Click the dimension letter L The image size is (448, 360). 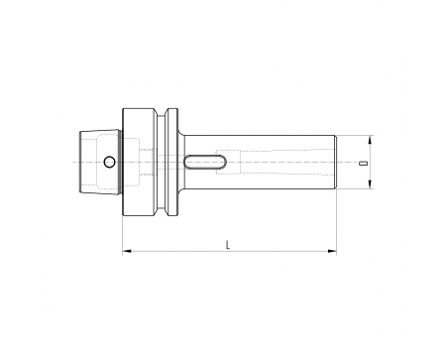pyautogui.click(x=228, y=245)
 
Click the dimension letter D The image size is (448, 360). pyautogui.click(x=364, y=164)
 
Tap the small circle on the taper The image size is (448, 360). pyautogui.click(x=109, y=162)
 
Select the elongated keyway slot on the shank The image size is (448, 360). pyautogui.click(x=205, y=162)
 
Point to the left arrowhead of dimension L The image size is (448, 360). pyautogui.click(x=127, y=251)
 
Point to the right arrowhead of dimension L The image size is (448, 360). pyautogui.click(x=332, y=251)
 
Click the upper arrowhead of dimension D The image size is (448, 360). pyautogui.click(x=370, y=140)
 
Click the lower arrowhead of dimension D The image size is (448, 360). pyautogui.click(x=370, y=184)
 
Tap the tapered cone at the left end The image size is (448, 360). pyautogui.click(x=100, y=162)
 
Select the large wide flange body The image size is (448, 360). pyautogui.click(x=139, y=162)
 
